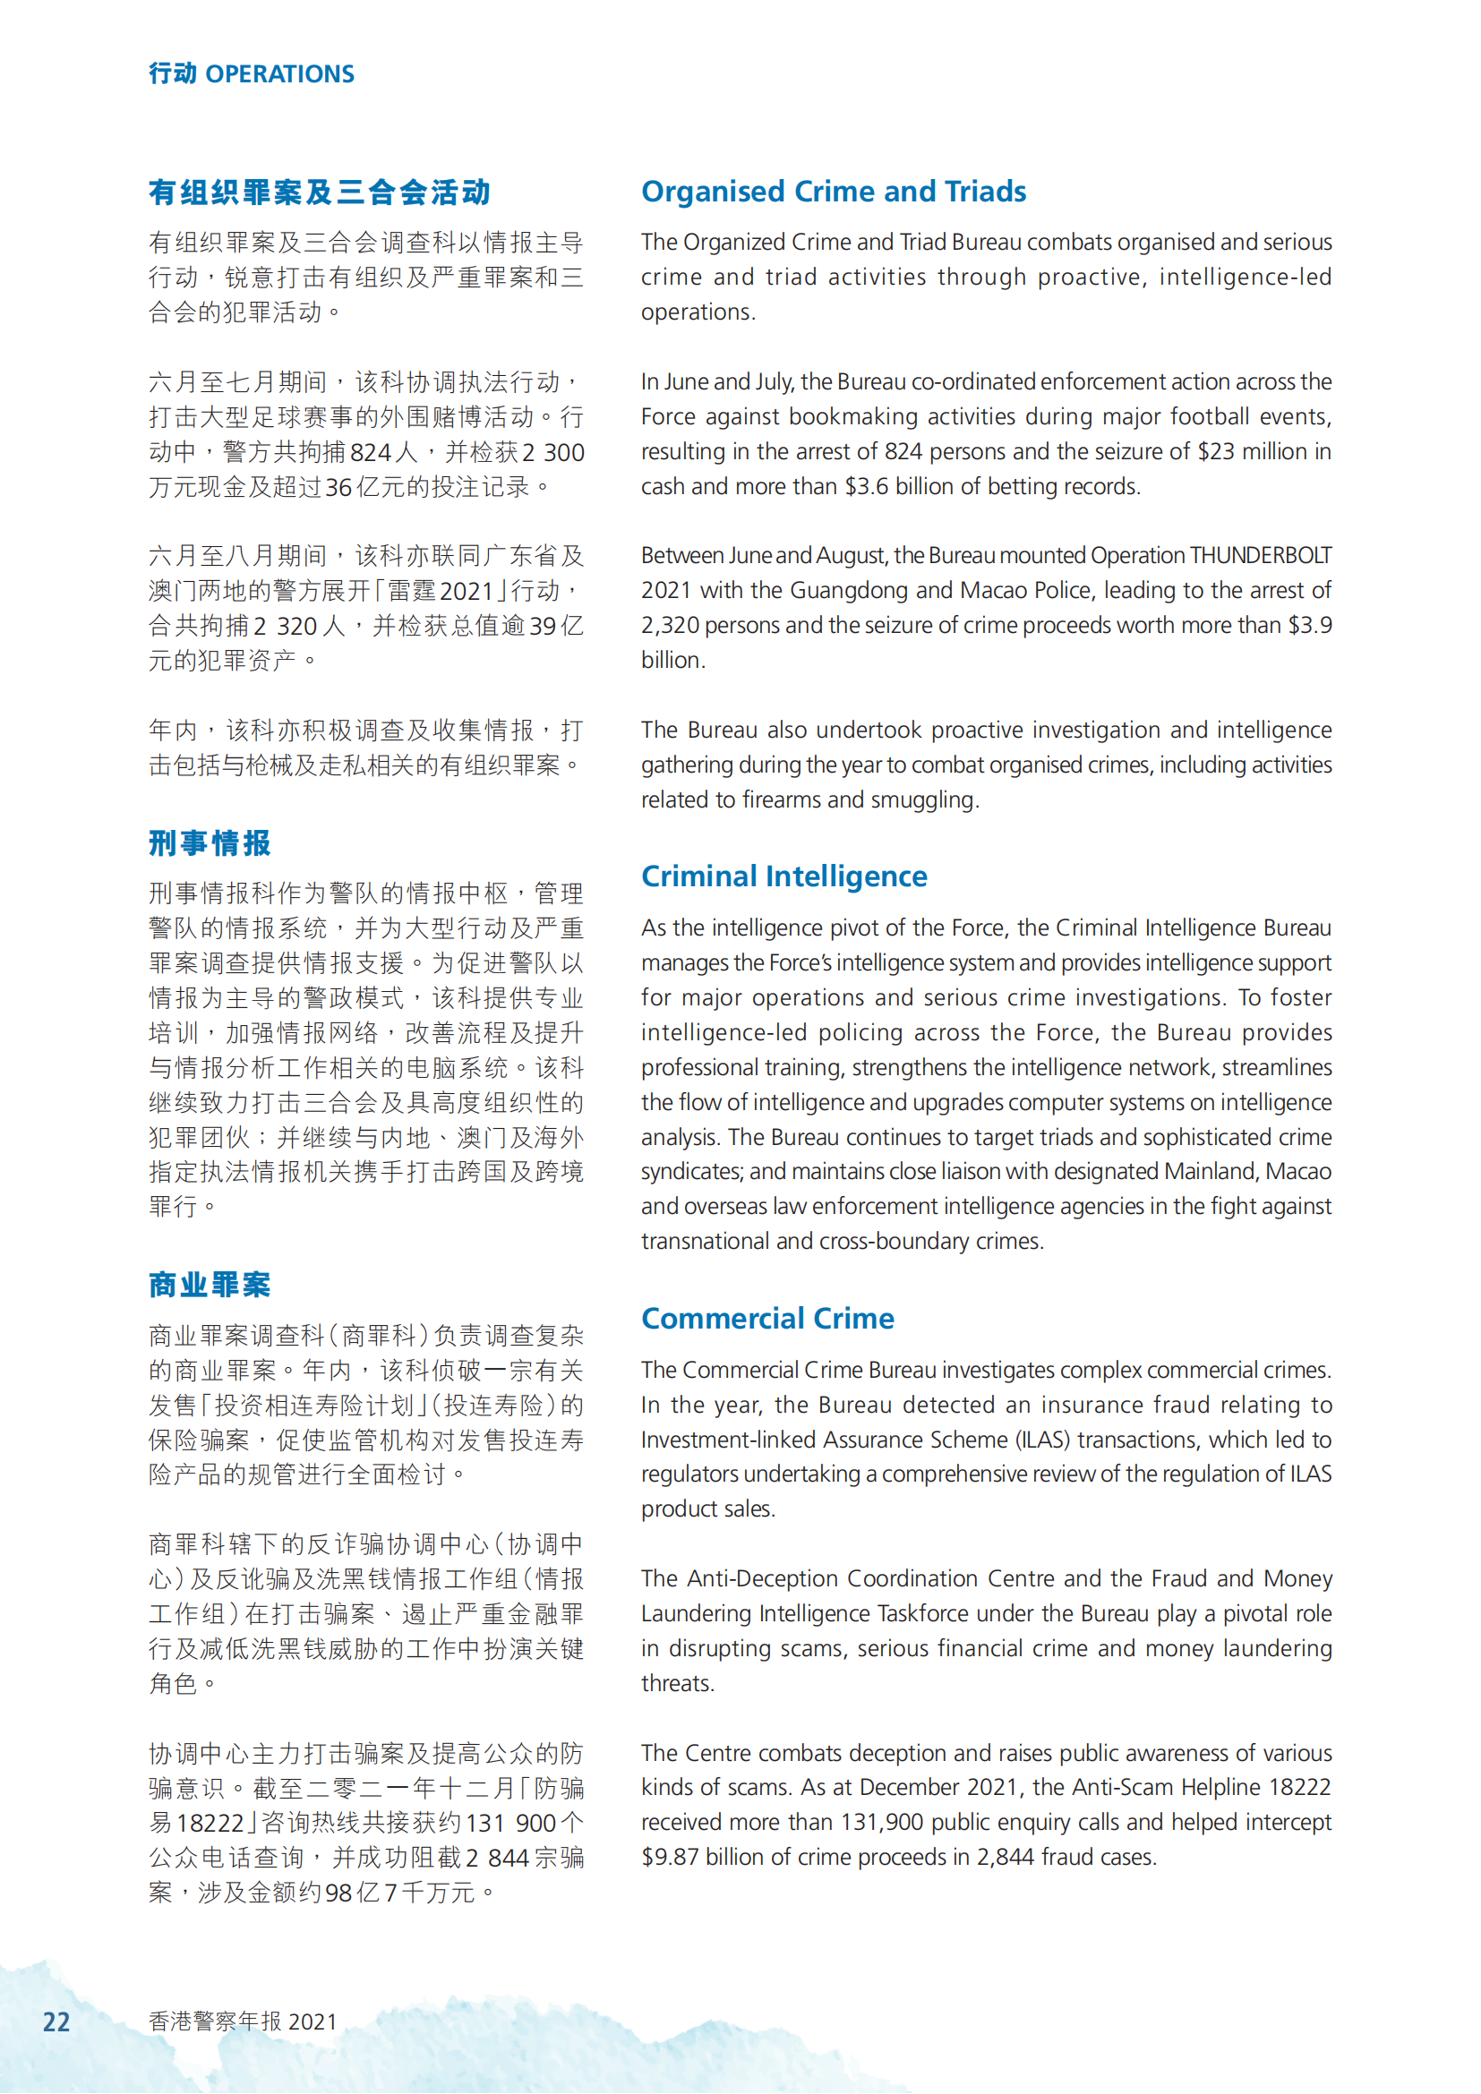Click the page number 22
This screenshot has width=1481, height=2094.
(x=56, y=2022)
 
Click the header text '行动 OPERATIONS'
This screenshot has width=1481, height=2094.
(x=251, y=74)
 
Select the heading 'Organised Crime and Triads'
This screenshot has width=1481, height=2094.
(x=833, y=192)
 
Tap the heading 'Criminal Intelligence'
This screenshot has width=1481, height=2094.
(x=783, y=876)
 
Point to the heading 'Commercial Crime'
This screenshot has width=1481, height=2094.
(x=767, y=1319)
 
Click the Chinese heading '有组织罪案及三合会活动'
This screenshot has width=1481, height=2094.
(x=319, y=192)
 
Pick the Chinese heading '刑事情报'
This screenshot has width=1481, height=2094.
(x=210, y=843)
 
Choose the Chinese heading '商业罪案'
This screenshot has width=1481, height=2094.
(x=210, y=1285)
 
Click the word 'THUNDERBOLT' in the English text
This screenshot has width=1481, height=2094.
(x=1261, y=555)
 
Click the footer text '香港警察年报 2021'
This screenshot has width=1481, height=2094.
(x=243, y=2022)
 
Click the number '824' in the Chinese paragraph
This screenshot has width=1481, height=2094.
(x=371, y=452)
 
